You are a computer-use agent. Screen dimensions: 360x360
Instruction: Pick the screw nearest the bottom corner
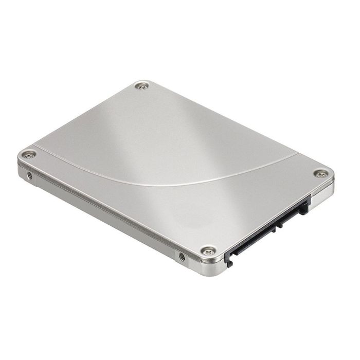tap(207, 250)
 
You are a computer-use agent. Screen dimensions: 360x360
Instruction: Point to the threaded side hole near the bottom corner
tap(182, 256)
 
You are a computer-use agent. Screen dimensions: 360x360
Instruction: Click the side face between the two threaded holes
tap(103, 216)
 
